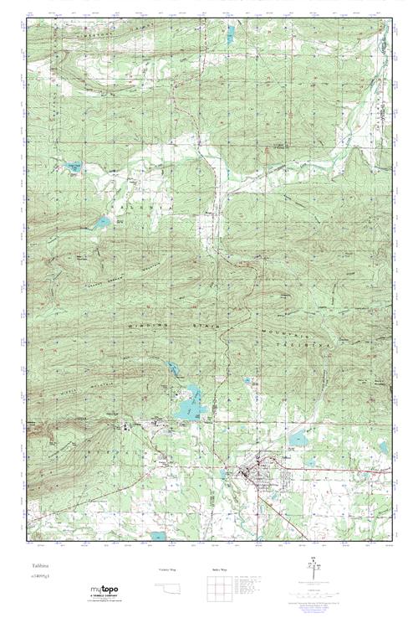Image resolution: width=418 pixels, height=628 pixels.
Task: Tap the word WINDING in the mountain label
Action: coord(148,324)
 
